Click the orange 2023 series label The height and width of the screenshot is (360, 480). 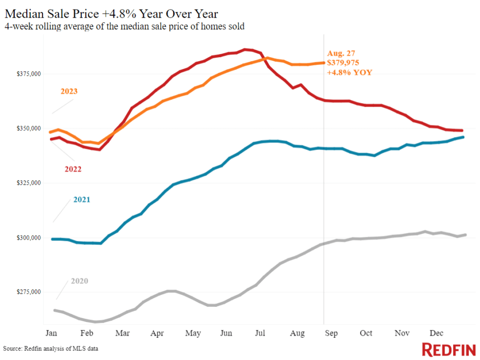(69, 92)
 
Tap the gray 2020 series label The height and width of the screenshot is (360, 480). (79, 281)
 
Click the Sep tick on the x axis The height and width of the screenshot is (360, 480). (331, 334)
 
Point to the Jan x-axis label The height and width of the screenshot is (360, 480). (51, 334)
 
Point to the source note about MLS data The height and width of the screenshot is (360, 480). (51, 349)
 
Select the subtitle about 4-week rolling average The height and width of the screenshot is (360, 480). (124, 26)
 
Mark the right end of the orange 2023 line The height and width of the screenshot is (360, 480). (323, 63)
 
